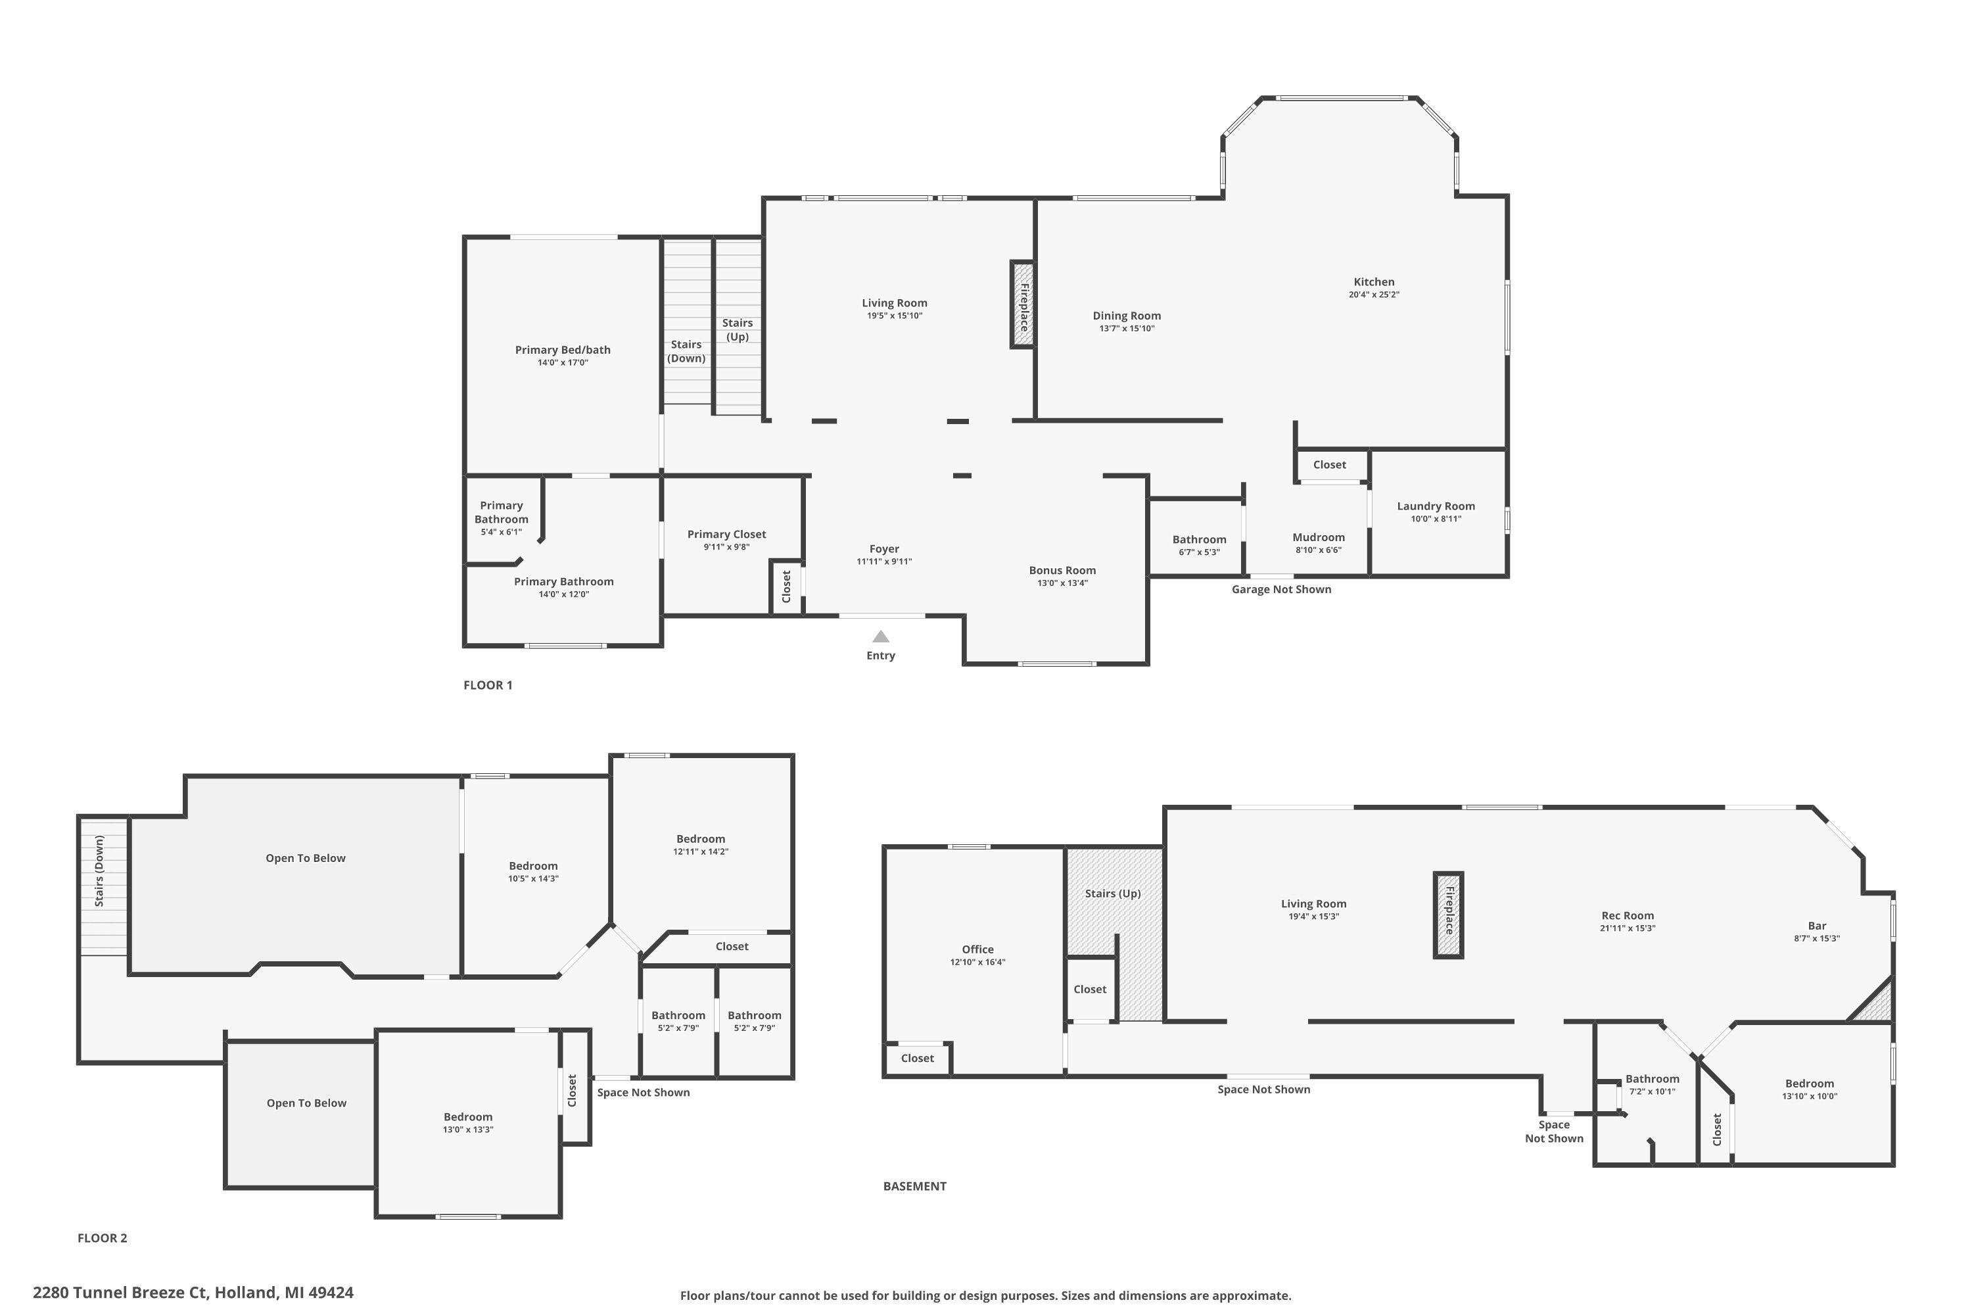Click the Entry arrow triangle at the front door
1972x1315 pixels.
tap(880, 636)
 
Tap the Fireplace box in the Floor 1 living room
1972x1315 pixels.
tap(1023, 304)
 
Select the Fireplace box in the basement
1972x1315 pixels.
tap(1448, 915)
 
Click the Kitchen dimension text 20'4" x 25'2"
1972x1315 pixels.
tap(1373, 295)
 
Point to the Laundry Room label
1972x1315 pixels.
tap(1436, 506)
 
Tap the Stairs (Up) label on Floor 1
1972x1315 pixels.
tap(737, 329)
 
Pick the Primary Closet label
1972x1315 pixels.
tap(726, 534)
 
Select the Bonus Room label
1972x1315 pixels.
tap(1062, 570)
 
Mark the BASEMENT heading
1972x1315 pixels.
tap(914, 1186)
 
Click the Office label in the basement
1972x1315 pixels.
tap(977, 949)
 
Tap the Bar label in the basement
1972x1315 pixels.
tap(1816, 926)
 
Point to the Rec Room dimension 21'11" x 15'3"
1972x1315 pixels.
tap(1628, 928)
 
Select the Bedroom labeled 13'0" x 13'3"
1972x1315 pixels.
tap(468, 1117)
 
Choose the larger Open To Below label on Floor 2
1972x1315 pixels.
tap(305, 858)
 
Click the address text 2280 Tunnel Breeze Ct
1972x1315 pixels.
tap(193, 1293)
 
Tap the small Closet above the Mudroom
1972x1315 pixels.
tap(1329, 465)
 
